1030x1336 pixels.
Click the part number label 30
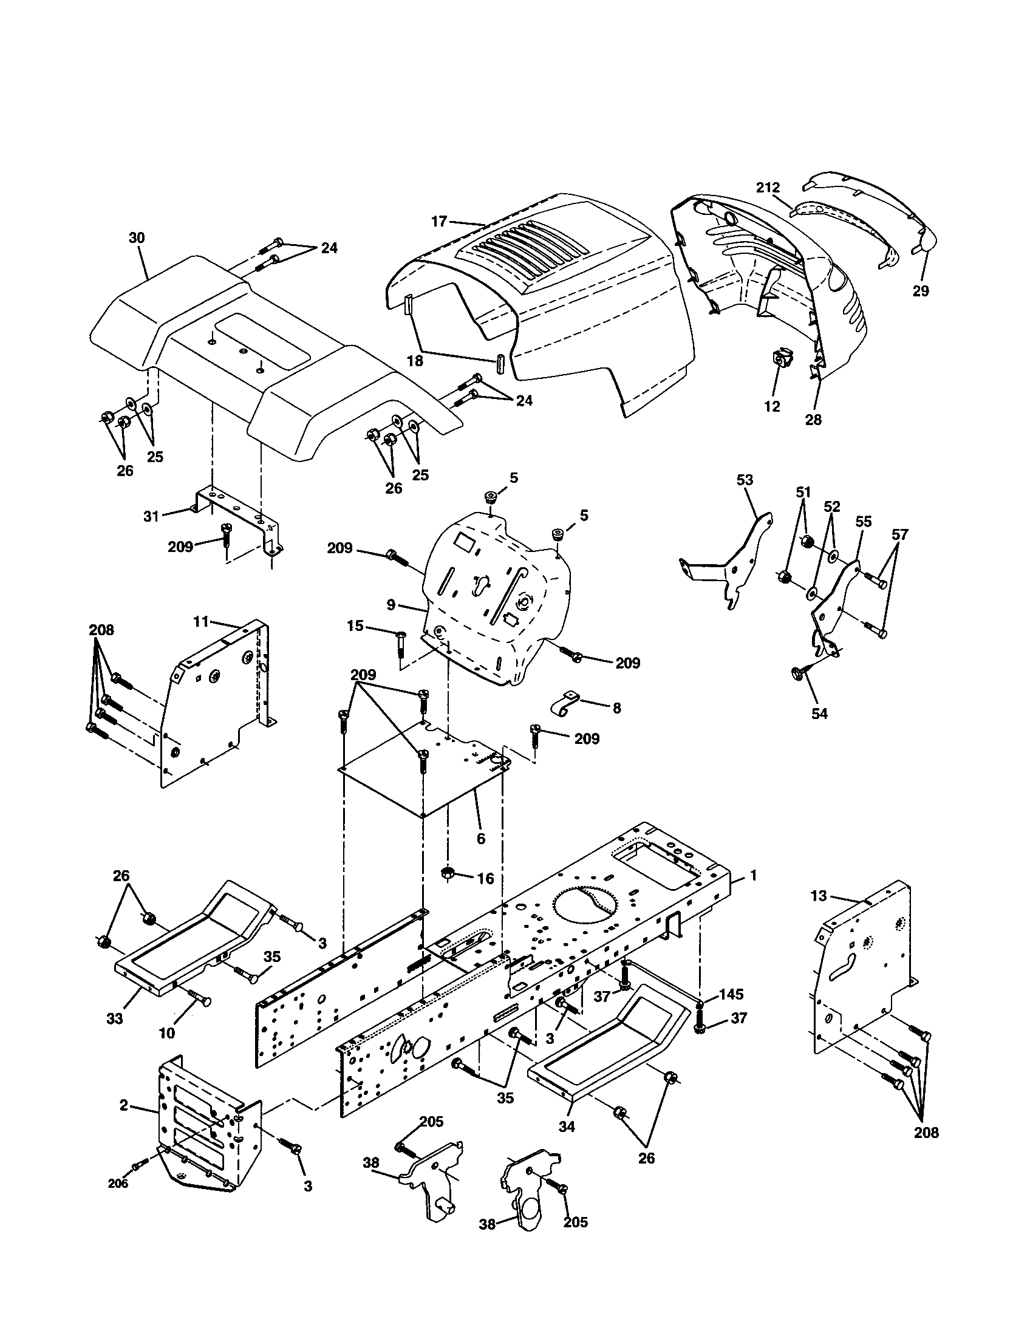click(137, 238)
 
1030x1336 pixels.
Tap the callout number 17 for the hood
click(440, 222)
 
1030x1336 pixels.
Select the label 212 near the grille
click(768, 188)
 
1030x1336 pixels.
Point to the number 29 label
click(921, 291)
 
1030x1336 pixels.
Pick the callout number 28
click(813, 420)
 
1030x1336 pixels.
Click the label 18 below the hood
click(415, 361)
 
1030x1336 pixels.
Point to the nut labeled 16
click(448, 873)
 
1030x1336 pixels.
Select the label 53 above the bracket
click(745, 480)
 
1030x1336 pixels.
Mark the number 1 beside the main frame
click(754, 876)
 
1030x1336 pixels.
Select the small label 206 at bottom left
click(118, 1184)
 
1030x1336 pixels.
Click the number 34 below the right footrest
click(567, 1126)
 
